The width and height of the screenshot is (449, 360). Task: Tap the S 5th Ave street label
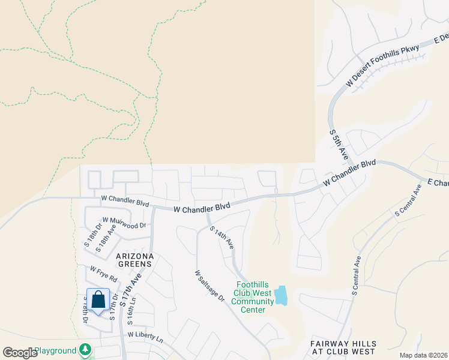tap(337, 146)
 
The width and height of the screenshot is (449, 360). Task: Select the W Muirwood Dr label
tap(124, 223)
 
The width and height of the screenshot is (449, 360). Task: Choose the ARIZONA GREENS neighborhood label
tap(135, 261)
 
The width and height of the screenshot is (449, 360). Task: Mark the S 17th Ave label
tap(131, 290)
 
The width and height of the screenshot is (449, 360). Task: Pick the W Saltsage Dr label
tap(209, 286)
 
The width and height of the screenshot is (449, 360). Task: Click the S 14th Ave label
tap(221, 238)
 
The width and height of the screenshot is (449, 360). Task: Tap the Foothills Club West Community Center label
tap(252, 298)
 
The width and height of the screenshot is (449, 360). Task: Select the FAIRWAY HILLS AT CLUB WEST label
tap(343, 347)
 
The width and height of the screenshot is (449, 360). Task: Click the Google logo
tap(20, 352)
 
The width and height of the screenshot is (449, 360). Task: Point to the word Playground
tap(55, 350)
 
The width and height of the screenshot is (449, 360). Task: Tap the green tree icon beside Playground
tap(86, 350)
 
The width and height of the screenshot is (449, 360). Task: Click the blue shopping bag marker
tap(98, 299)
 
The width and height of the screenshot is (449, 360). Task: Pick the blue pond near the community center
tap(280, 295)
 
